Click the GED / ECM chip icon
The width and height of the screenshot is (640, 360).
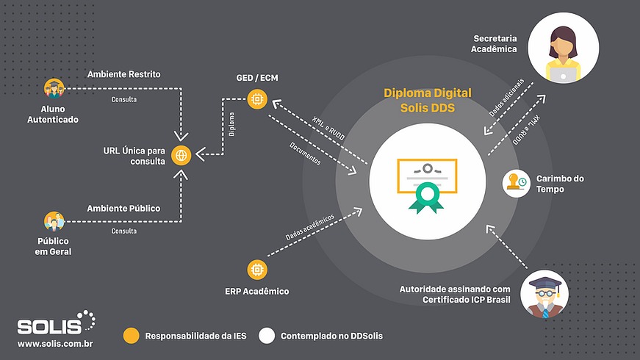[x=256, y=96]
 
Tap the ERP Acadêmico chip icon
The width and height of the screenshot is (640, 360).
[x=256, y=269]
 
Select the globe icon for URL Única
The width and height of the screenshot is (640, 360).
[x=181, y=155]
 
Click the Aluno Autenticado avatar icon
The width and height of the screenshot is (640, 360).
[x=54, y=89]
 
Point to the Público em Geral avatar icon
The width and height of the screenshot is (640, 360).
[x=54, y=220]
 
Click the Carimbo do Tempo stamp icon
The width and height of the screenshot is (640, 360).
[x=517, y=183]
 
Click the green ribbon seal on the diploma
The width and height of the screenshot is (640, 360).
[x=427, y=198]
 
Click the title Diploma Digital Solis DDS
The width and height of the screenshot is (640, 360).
[x=427, y=100]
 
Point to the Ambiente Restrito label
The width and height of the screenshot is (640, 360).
[x=123, y=74]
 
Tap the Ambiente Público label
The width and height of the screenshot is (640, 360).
[x=123, y=209]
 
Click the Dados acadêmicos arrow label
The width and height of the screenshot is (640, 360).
[x=310, y=227]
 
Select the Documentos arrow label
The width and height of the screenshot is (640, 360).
[x=306, y=151]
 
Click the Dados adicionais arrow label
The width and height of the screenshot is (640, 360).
[x=507, y=97]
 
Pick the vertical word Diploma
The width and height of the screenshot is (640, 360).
[x=231, y=126]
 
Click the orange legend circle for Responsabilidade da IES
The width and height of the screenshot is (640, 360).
[x=131, y=336]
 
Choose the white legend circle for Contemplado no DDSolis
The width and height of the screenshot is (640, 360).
[x=267, y=336]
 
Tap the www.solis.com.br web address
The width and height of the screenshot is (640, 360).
[x=54, y=343]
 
